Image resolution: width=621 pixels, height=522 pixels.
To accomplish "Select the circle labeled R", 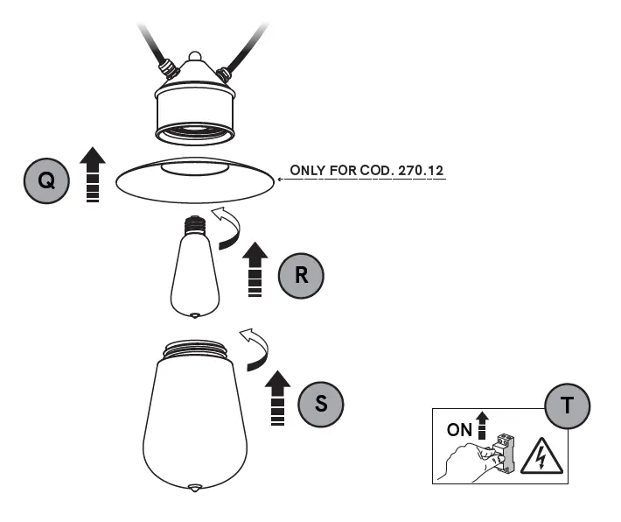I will [301, 276].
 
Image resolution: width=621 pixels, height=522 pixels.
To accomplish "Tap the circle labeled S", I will [321, 404].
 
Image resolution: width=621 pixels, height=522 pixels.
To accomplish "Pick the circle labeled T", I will [567, 406].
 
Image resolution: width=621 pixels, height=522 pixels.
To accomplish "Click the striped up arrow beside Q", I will [92, 175].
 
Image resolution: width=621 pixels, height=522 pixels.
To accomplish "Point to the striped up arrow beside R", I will [255, 270].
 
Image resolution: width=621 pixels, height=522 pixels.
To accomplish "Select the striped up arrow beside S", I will [277, 398].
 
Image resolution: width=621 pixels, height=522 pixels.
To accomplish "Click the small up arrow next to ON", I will [481, 424].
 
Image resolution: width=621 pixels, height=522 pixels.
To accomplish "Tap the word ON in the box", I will [459, 430].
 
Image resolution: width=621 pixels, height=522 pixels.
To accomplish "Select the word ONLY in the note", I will [308, 171].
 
